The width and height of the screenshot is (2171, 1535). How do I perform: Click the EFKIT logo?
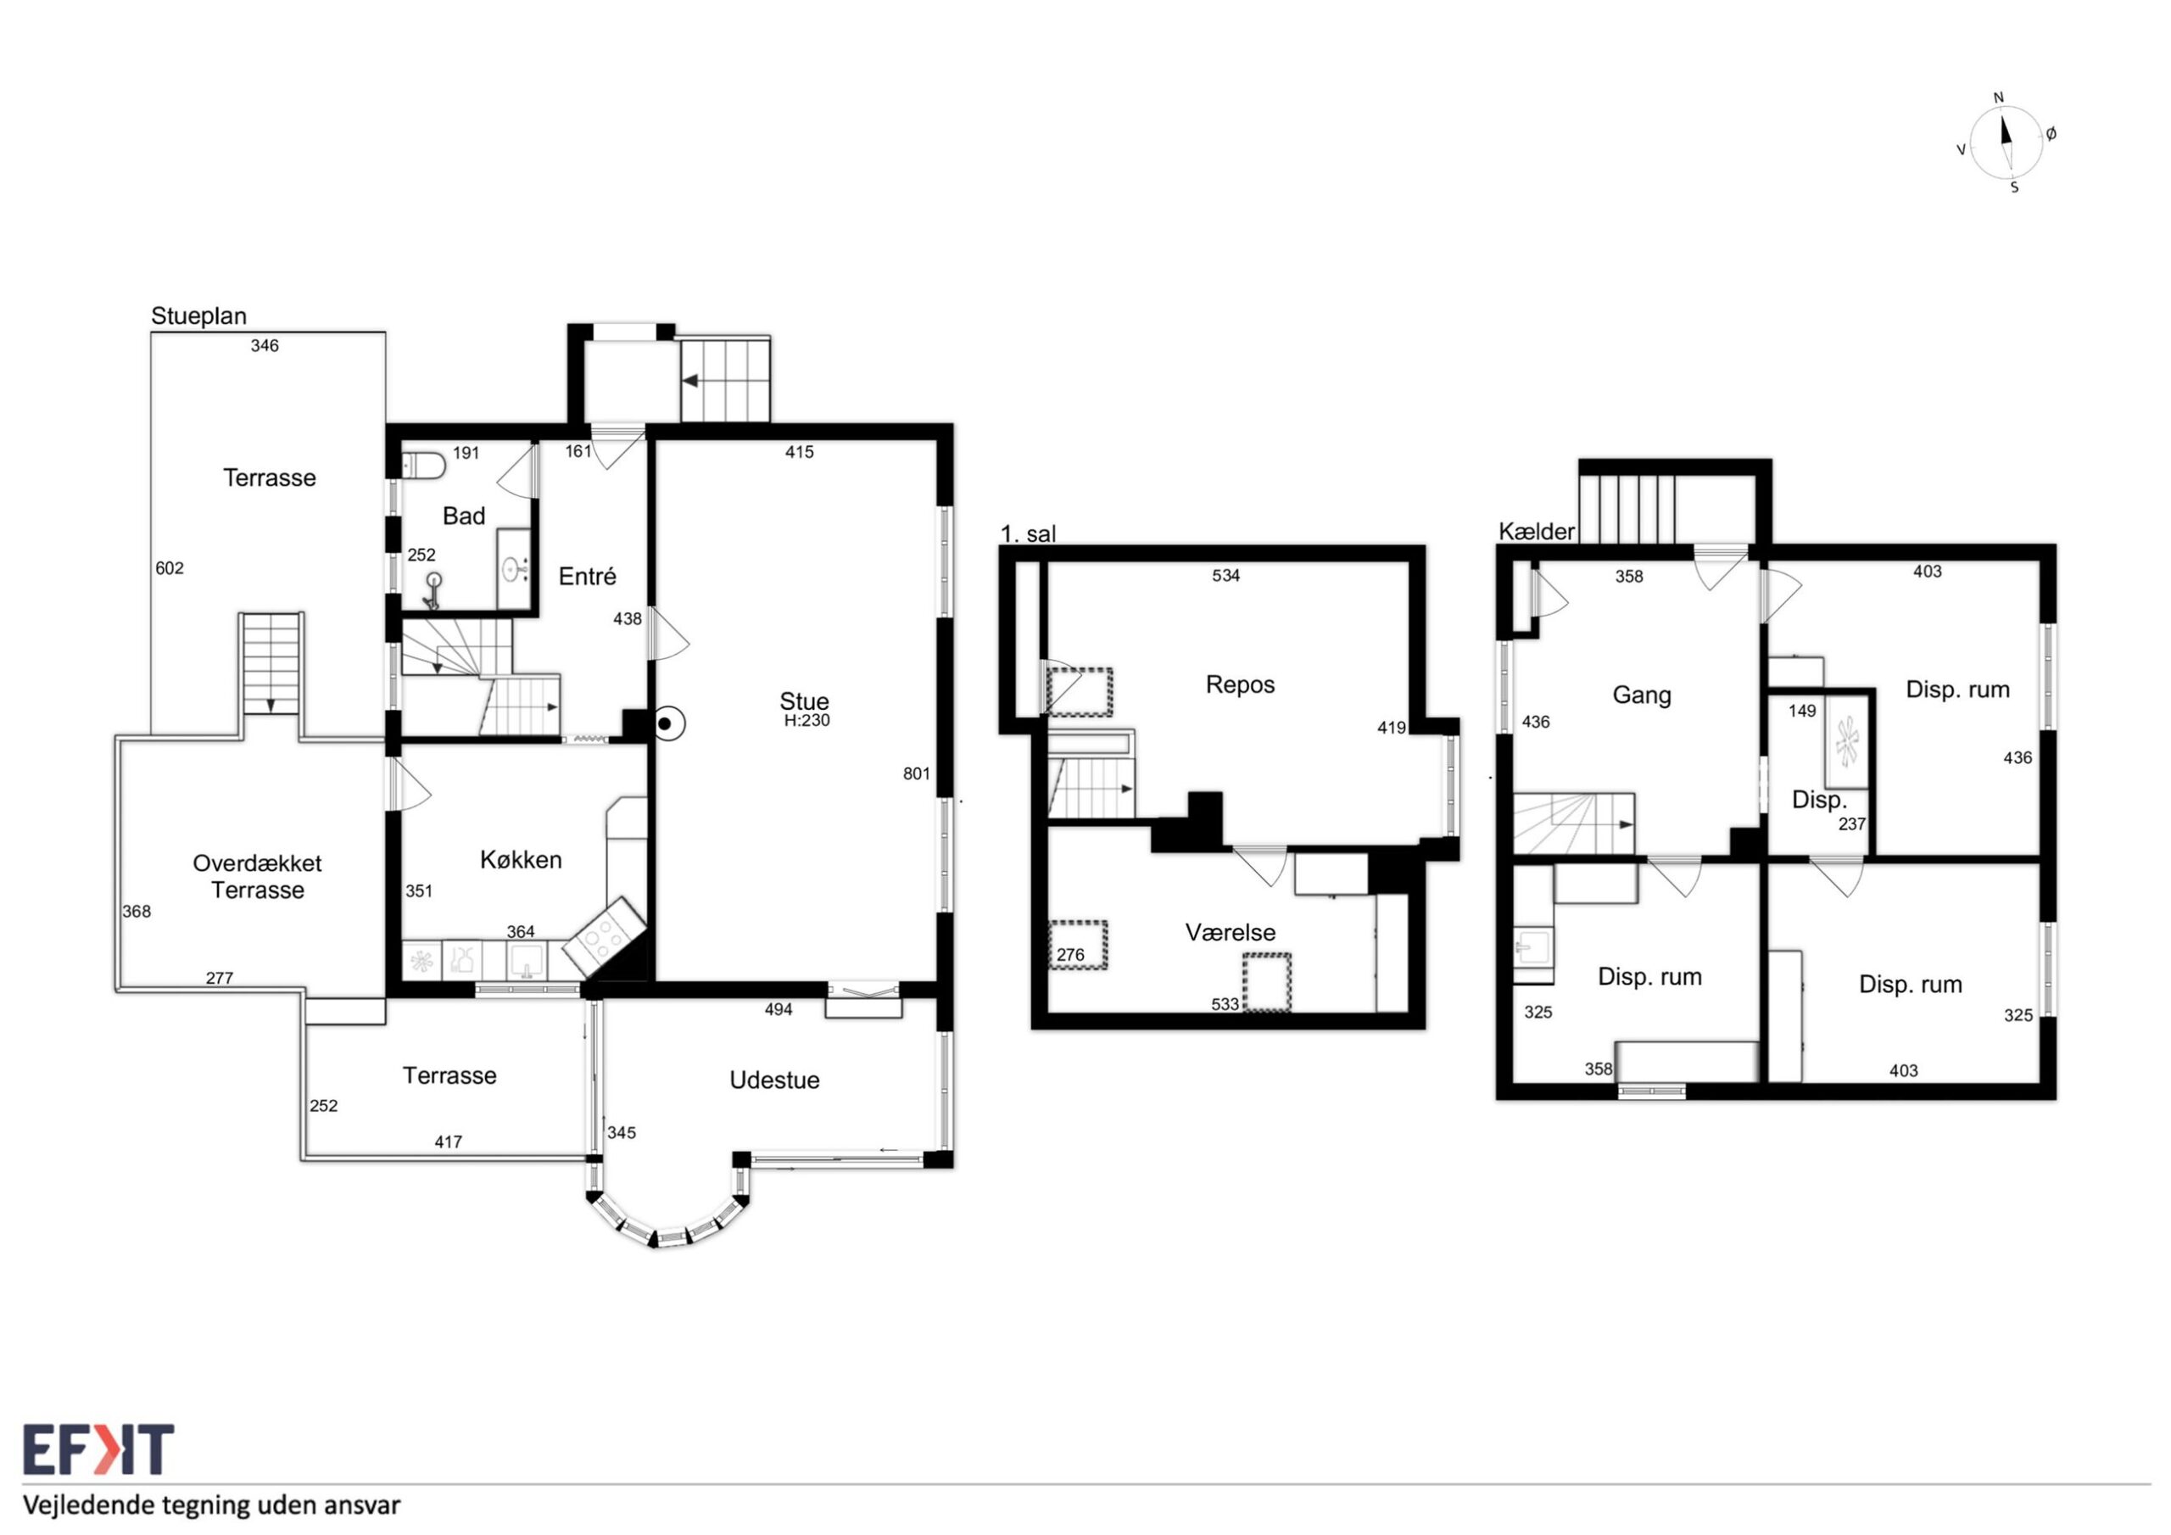[98, 1450]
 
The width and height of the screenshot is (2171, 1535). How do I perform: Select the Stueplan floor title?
[198, 315]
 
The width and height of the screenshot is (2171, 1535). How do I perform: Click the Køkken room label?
[521, 860]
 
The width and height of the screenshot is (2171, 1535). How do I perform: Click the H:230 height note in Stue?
[806, 721]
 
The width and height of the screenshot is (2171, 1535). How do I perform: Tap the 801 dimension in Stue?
[916, 773]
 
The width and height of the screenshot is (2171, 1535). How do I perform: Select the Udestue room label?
[774, 1080]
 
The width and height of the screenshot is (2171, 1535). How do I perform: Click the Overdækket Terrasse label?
[257, 877]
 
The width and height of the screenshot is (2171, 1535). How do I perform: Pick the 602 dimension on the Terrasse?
[170, 568]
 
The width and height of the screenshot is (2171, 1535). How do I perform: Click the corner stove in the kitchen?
[603, 935]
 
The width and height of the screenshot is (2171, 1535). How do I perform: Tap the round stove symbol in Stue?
[665, 723]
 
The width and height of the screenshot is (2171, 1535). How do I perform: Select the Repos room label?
[1240, 684]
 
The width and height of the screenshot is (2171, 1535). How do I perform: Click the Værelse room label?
[1231, 933]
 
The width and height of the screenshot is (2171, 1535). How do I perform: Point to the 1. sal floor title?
[1028, 534]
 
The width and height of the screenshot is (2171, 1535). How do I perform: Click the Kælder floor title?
[1537, 532]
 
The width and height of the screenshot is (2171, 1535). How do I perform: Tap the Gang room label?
[1642, 695]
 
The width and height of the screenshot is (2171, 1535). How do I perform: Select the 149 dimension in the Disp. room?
[1802, 711]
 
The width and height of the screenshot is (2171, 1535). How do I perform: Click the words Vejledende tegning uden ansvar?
[212, 1505]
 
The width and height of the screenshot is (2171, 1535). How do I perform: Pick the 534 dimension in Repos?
[1225, 575]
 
